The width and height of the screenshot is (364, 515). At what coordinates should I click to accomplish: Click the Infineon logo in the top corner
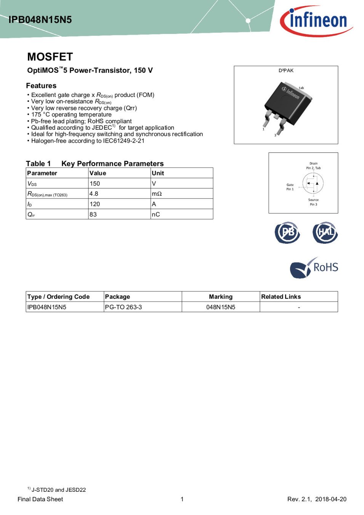pyautogui.click(x=316, y=21)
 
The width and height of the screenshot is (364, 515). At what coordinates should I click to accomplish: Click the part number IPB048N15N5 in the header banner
pyautogui.click(x=40, y=20)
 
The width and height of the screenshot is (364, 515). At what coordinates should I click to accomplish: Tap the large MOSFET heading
pyautogui.click(x=50, y=57)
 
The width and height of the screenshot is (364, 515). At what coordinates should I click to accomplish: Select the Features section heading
pyautogui.click(x=41, y=86)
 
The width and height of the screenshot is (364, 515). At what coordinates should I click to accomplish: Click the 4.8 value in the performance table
pyautogui.click(x=94, y=194)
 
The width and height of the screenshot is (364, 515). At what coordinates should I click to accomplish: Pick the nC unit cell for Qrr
pyautogui.click(x=156, y=214)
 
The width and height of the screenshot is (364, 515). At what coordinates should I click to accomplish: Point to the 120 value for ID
pyautogui.click(x=95, y=204)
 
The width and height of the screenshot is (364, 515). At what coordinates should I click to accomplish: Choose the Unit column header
pyautogui.click(x=158, y=173)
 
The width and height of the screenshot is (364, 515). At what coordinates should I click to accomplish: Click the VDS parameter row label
pyautogui.click(x=32, y=183)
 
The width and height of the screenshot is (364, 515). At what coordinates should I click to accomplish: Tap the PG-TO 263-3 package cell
pyautogui.click(x=123, y=307)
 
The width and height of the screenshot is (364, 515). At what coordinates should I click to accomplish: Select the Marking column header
pyautogui.click(x=221, y=297)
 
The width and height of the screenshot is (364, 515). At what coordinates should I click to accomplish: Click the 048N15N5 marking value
pyautogui.click(x=221, y=307)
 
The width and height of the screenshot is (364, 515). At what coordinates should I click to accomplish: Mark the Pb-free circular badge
pyautogui.click(x=287, y=232)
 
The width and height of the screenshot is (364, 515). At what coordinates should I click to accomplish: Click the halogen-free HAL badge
pyautogui.click(x=325, y=232)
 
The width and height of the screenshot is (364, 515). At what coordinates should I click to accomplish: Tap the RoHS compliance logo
pyautogui.click(x=314, y=267)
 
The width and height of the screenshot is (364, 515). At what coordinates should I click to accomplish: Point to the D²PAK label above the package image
pyautogui.click(x=286, y=71)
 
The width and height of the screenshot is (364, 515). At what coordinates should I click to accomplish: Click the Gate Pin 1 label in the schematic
pyautogui.click(x=290, y=187)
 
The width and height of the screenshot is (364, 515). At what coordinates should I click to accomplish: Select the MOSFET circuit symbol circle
pyautogui.click(x=313, y=183)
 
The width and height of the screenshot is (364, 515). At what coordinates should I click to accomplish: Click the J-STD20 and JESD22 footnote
pyautogui.click(x=58, y=490)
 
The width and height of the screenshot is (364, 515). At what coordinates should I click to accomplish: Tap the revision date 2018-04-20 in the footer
pyautogui.click(x=331, y=499)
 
